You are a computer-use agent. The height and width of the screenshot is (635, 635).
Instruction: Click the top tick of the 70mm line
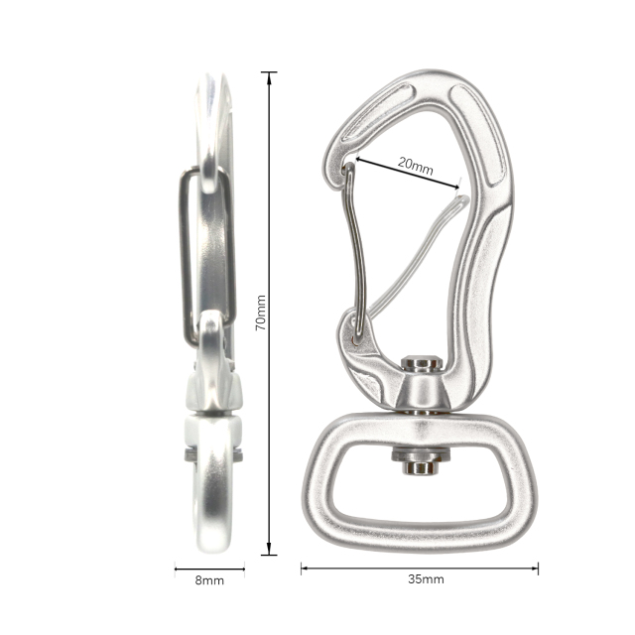[x=268, y=72]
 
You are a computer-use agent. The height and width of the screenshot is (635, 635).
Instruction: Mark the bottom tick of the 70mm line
[x=268, y=555]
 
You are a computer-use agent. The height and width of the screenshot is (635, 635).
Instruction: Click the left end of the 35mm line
[x=302, y=569]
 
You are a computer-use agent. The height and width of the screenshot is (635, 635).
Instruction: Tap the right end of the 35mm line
[x=538, y=569]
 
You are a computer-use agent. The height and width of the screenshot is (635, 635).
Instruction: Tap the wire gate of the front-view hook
[x=348, y=248]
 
